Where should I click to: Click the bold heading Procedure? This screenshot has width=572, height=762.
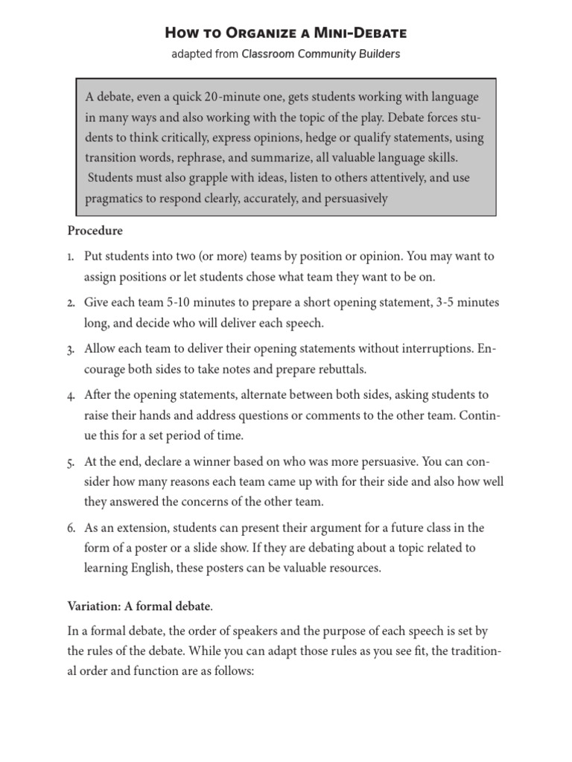click(95, 231)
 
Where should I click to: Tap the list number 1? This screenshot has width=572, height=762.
click(69, 257)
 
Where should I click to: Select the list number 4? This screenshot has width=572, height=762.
click(70, 395)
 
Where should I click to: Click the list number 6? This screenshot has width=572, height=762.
click(70, 528)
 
